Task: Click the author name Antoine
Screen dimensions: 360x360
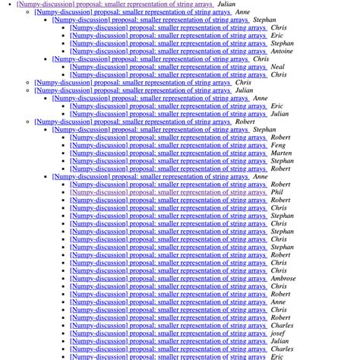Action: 283,52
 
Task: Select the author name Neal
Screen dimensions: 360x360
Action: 278,67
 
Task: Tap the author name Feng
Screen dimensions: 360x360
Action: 279,145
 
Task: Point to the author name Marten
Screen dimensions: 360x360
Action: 281,153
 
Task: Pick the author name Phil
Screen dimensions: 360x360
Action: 277,192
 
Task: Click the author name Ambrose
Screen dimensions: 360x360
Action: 284,279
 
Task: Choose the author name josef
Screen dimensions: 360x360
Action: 278,333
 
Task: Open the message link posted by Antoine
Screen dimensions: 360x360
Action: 169,52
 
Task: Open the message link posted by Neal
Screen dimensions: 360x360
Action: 169,67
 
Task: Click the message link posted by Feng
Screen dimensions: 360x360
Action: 169,145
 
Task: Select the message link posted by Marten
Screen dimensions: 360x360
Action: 169,153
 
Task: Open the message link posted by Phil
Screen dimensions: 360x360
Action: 169,192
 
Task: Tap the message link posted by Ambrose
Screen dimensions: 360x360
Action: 169,279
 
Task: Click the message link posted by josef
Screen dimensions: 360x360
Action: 169,333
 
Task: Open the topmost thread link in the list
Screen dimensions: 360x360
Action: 115,5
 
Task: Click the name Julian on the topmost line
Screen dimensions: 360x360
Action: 226,5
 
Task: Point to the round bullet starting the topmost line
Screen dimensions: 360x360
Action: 8,5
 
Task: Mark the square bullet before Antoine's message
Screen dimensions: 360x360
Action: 65,52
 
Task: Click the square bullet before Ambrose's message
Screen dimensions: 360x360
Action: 65,279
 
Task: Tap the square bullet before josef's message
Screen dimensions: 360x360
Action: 65,333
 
